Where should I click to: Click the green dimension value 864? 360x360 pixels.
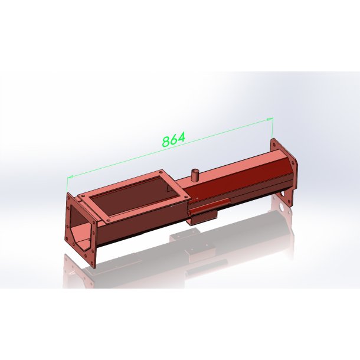click(174, 139)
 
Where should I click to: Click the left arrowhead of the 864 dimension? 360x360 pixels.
click(70, 177)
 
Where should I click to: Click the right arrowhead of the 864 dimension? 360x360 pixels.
click(270, 119)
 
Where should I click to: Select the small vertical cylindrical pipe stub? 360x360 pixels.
click(195, 175)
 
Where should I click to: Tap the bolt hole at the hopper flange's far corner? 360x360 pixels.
click(161, 172)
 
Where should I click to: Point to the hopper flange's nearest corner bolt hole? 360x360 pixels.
click(108, 221)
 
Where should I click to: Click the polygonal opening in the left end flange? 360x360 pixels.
click(80, 228)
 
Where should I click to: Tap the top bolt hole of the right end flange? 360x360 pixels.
click(274, 144)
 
